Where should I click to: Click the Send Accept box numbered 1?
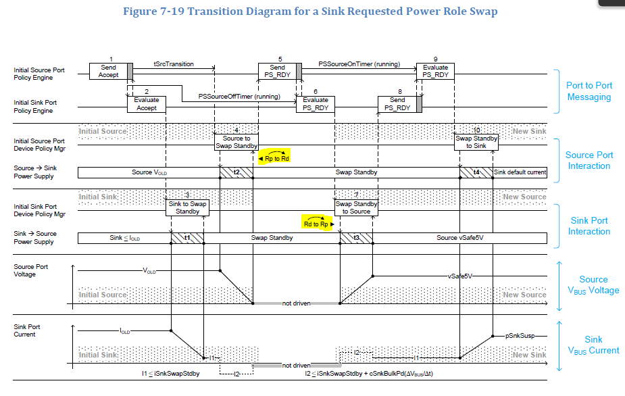pyautogui.click(x=108, y=71)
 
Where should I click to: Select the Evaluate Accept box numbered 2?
pyautogui.click(x=147, y=104)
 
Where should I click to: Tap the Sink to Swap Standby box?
pyautogui.click(x=187, y=207)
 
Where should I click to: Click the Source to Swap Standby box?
pyautogui.click(x=236, y=142)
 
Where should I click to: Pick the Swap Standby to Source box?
pyautogui.click(x=356, y=207)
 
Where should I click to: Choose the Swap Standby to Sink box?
pyautogui.click(x=476, y=142)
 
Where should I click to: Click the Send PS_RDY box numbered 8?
pyautogui.click(x=398, y=104)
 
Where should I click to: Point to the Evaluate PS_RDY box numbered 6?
pyautogui.click(x=316, y=104)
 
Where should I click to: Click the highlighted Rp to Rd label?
pyautogui.click(x=274, y=158)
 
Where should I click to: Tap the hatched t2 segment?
pyautogui.click(x=236, y=172)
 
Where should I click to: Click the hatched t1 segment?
pyautogui.click(x=187, y=238)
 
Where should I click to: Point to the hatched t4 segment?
pyautogui.click(x=476, y=172)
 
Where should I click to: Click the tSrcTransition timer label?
pyautogui.click(x=173, y=64)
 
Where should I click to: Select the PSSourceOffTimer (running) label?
pyautogui.click(x=239, y=97)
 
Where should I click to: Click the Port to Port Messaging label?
pyautogui.click(x=588, y=91)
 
